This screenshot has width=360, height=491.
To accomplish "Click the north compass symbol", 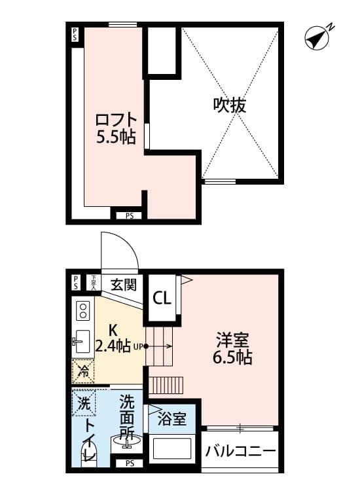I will click(318, 37).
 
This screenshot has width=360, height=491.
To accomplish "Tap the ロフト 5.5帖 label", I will click(117, 128).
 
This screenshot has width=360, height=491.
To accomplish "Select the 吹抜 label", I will click(230, 105).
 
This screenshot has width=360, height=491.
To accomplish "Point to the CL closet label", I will click(162, 298).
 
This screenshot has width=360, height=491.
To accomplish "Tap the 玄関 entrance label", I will click(122, 285).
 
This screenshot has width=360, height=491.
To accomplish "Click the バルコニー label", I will click(240, 452).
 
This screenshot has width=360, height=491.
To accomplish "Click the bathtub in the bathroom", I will click(171, 449).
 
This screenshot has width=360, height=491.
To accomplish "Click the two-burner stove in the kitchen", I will click(83, 312).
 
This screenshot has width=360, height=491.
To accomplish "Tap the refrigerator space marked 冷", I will click(84, 371).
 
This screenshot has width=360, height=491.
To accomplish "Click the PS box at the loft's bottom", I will click(130, 215).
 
